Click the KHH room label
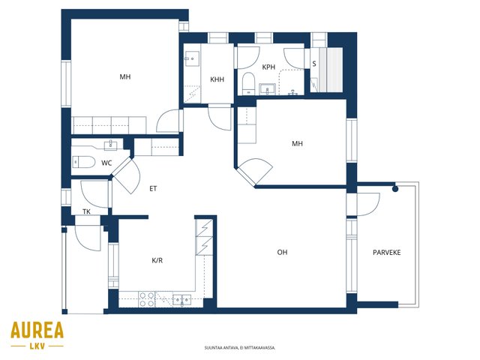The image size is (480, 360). click(x=217, y=79)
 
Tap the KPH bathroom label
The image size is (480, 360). click(x=268, y=67)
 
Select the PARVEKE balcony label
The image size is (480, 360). click(x=387, y=253)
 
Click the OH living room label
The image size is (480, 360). click(x=282, y=252)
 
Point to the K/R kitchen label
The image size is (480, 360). click(x=157, y=260)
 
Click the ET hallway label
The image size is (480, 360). click(x=153, y=189)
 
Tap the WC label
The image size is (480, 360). click(x=106, y=163)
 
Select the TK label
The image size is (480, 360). click(x=86, y=211)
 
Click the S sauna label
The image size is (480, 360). click(x=314, y=64)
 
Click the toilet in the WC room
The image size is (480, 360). click(x=84, y=162)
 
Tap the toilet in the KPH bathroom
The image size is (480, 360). click(x=248, y=83)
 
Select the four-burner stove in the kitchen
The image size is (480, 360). click(x=147, y=299)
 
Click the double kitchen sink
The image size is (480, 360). click(x=181, y=300)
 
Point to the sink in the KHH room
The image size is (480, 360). click(x=192, y=58)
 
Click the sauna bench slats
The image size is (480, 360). click(x=334, y=70)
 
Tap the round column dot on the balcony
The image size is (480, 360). click(x=395, y=189)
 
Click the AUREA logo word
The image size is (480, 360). click(x=37, y=330)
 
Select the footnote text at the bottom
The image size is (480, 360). click(x=240, y=348)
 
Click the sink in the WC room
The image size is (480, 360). click(x=110, y=145)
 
